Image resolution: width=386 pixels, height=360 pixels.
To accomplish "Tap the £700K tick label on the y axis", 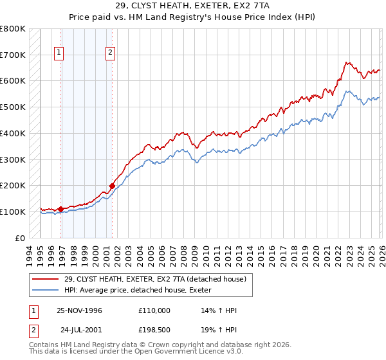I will [x=13, y=55].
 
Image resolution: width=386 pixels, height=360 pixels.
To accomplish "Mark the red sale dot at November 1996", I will [x=60, y=209].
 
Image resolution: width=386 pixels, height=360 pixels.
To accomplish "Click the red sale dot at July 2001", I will [x=112, y=186].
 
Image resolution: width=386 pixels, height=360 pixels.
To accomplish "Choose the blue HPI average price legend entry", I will [x=142, y=290].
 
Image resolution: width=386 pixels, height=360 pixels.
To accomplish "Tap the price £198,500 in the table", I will [x=154, y=330].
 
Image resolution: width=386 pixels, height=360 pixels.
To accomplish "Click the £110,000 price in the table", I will [x=154, y=310].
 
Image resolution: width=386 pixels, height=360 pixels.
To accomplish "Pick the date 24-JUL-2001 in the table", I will [x=80, y=330].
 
